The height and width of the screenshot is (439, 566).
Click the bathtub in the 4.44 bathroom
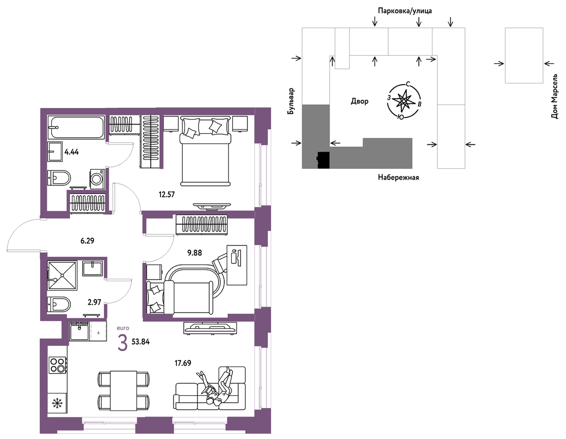(76, 127)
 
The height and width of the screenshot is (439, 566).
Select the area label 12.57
(167, 194)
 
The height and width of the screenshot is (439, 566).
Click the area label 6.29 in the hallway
(87, 241)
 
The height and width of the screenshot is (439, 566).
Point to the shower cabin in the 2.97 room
(62, 275)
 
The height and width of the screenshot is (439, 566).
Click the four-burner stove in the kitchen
(58, 365)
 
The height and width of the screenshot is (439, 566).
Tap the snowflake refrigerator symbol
(57, 403)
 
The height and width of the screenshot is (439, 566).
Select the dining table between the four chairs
(124, 391)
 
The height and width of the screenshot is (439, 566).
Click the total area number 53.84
(141, 342)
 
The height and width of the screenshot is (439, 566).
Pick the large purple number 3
(123, 343)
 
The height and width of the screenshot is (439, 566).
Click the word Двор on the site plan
(359, 101)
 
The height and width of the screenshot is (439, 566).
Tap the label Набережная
(398, 178)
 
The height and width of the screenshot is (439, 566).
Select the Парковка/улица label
(405, 11)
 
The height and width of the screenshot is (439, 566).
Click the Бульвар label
(291, 101)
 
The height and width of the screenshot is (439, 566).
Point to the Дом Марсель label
(555, 96)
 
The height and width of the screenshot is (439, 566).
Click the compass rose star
(403, 101)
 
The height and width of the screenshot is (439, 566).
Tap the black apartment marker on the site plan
(323, 160)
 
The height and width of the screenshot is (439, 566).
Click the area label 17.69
(183, 363)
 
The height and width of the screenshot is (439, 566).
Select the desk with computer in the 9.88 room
(237, 265)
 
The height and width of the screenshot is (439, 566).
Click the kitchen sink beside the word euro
(79, 331)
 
